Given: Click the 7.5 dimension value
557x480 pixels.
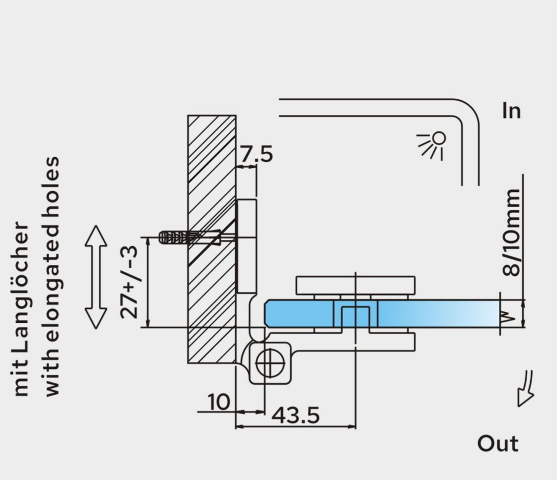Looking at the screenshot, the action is pos(257,154).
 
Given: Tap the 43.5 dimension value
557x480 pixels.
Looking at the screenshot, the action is pos(295,415).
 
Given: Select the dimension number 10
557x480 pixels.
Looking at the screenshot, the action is pos(218,402).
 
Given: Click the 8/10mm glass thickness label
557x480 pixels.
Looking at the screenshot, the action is pos(511,233).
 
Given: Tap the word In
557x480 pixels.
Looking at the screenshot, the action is pos(511,111).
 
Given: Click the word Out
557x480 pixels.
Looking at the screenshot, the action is pos(498,443).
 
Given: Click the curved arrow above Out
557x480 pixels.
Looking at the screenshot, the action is pos(526,388).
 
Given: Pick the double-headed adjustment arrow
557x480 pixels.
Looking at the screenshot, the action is pos(96,277).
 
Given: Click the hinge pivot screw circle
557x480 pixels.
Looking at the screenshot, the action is pos(270,363).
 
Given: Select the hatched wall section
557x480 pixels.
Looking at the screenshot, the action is pos(211,239).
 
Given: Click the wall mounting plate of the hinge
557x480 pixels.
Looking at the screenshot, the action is pos(247,246).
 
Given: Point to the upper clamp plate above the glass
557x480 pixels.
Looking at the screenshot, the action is pos(355,285).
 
